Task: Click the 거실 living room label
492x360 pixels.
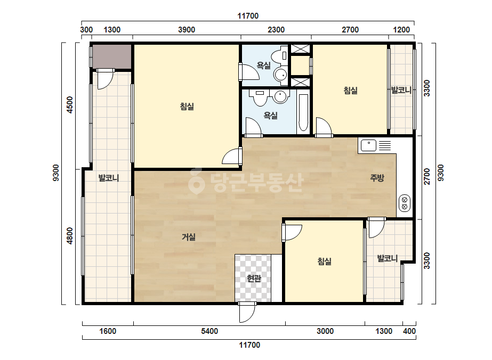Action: coord(189,237)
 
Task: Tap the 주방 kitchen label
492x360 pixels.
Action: coord(377,178)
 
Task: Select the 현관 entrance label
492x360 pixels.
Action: coord(254,278)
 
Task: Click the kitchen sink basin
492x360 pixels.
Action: coord(368,145)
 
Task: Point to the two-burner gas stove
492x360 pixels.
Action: coord(404,203)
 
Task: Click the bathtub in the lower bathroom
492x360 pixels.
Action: coord(303,112)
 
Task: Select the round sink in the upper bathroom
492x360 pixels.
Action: coord(280,75)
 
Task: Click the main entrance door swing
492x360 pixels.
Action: coord(247,313)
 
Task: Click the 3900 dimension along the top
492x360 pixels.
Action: coord(187,30)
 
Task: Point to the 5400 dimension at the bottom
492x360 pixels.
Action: coord(209,331)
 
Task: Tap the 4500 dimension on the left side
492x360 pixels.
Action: coord(69,105)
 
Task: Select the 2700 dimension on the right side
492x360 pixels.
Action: coord(427,177)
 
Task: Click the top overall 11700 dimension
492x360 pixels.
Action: coord(248,16)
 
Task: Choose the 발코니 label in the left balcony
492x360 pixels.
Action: coord(109,178)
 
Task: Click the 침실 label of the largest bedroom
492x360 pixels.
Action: coord(187,107)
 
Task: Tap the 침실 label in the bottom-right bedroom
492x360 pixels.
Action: coord(325,261)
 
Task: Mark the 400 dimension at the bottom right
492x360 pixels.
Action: coord(409,331)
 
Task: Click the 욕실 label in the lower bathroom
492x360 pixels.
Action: coord(270,116)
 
